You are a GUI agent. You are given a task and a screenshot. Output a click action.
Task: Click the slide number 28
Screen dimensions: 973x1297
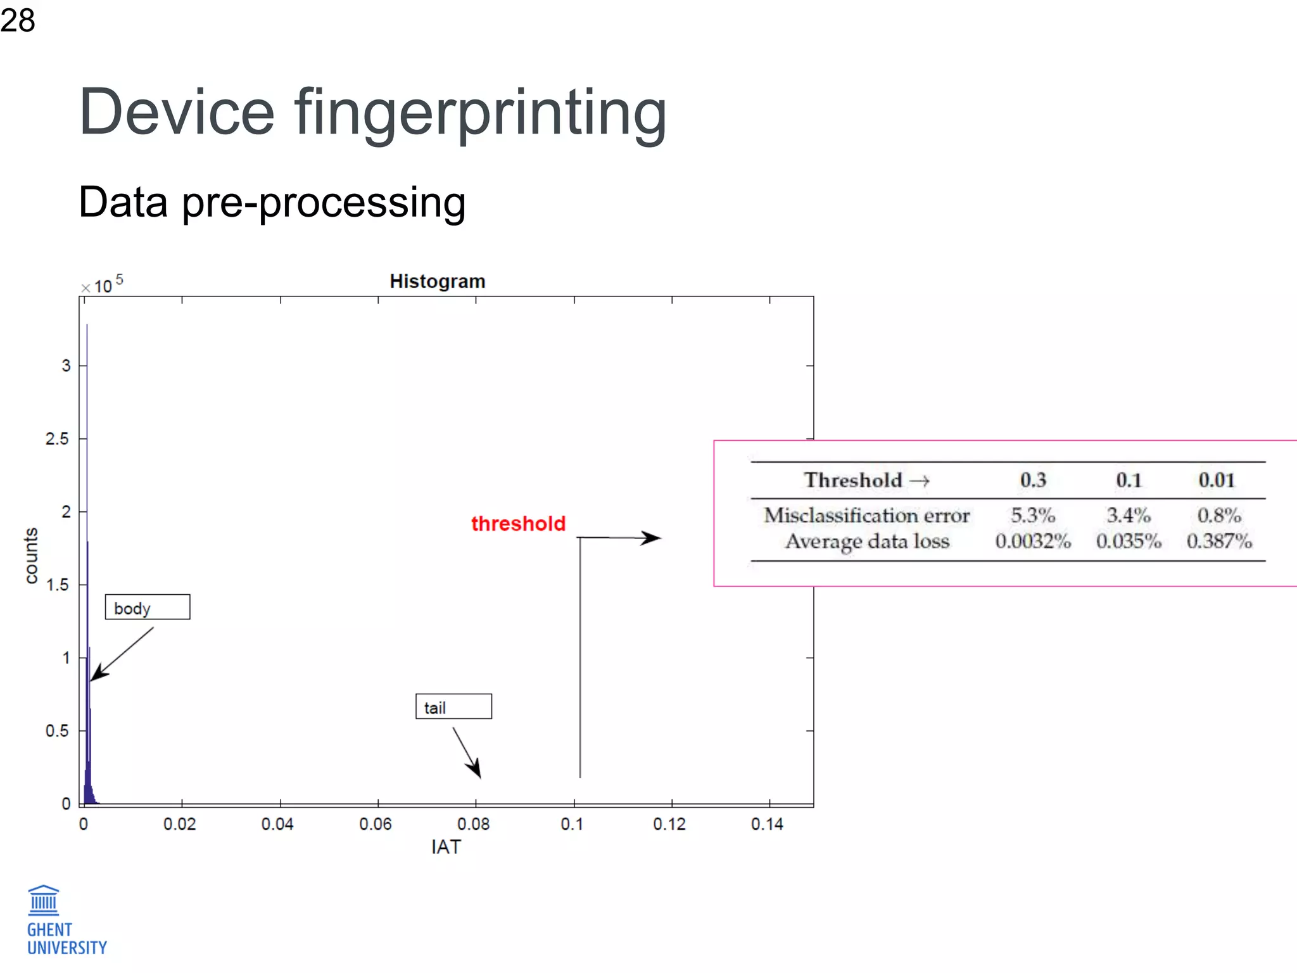(x=18, y=20)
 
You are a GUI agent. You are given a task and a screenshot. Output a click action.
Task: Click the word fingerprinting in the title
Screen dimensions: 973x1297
(x=480, y=114)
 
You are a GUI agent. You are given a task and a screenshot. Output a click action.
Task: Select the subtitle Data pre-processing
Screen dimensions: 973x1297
(x=272, y=203)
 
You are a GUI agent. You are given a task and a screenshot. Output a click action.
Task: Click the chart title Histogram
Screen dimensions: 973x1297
(x=437, y=281)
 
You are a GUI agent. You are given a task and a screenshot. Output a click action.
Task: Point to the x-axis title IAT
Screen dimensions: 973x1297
(x=446, y=847)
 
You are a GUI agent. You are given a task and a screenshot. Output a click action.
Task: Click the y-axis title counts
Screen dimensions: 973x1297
(x=31, y=555)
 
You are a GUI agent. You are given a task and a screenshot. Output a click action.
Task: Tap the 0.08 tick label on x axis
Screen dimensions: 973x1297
(x=473, y=824)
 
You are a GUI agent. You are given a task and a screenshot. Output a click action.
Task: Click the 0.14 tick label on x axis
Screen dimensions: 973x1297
(x=767, y=824)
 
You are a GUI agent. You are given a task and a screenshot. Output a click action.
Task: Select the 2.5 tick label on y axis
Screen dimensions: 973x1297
(x=57, y=439)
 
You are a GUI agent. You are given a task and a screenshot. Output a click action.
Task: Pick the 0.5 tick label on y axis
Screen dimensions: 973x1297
(x=57, y=731)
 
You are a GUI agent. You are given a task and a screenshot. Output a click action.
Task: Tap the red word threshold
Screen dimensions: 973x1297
(x=518, y=524)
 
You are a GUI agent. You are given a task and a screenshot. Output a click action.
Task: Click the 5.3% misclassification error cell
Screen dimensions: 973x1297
(x=1032, y=515)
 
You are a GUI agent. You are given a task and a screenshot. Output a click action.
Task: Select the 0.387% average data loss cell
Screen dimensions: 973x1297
(x=1218, y=542)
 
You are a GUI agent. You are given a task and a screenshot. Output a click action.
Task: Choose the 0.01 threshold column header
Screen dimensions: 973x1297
(x=1216, y=480)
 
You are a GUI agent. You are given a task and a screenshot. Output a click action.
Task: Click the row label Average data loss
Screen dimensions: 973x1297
(x=867, y=542)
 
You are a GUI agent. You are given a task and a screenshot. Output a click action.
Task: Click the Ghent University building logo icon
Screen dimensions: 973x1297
(x=44, y=900)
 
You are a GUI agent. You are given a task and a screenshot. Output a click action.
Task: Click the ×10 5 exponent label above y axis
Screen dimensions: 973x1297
(x=103, y=285)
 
